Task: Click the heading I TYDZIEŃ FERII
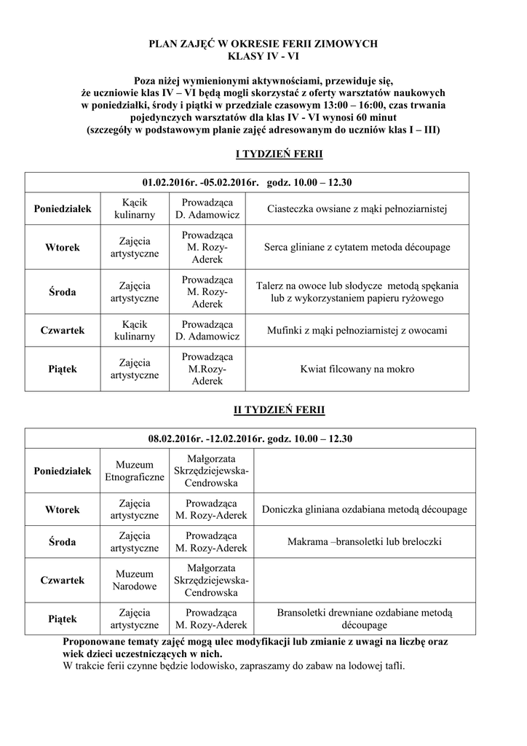click(279, 154)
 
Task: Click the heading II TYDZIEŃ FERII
click(279, 410)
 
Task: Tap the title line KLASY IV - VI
click(263, 56)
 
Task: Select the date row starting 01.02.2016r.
click(247, 182)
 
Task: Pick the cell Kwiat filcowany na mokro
click(357, 369)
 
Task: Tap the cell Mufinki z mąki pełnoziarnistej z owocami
click(357, 331)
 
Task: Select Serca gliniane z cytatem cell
click(357, 248)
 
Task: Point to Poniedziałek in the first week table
click(63, 209)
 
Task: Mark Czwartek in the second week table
click(63, 580)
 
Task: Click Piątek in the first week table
click(63, 369)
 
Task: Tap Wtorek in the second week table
click(63, 509)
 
